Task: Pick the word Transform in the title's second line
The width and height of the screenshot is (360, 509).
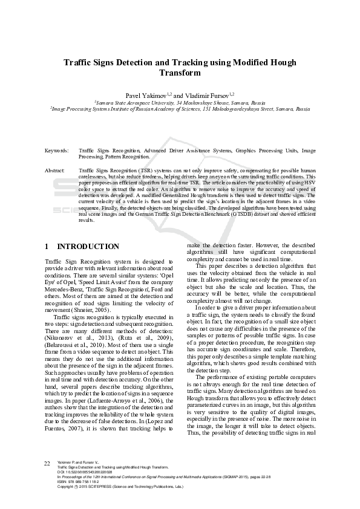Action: tap(180, 73)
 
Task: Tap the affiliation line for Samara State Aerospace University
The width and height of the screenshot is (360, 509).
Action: tap(180, 103)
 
